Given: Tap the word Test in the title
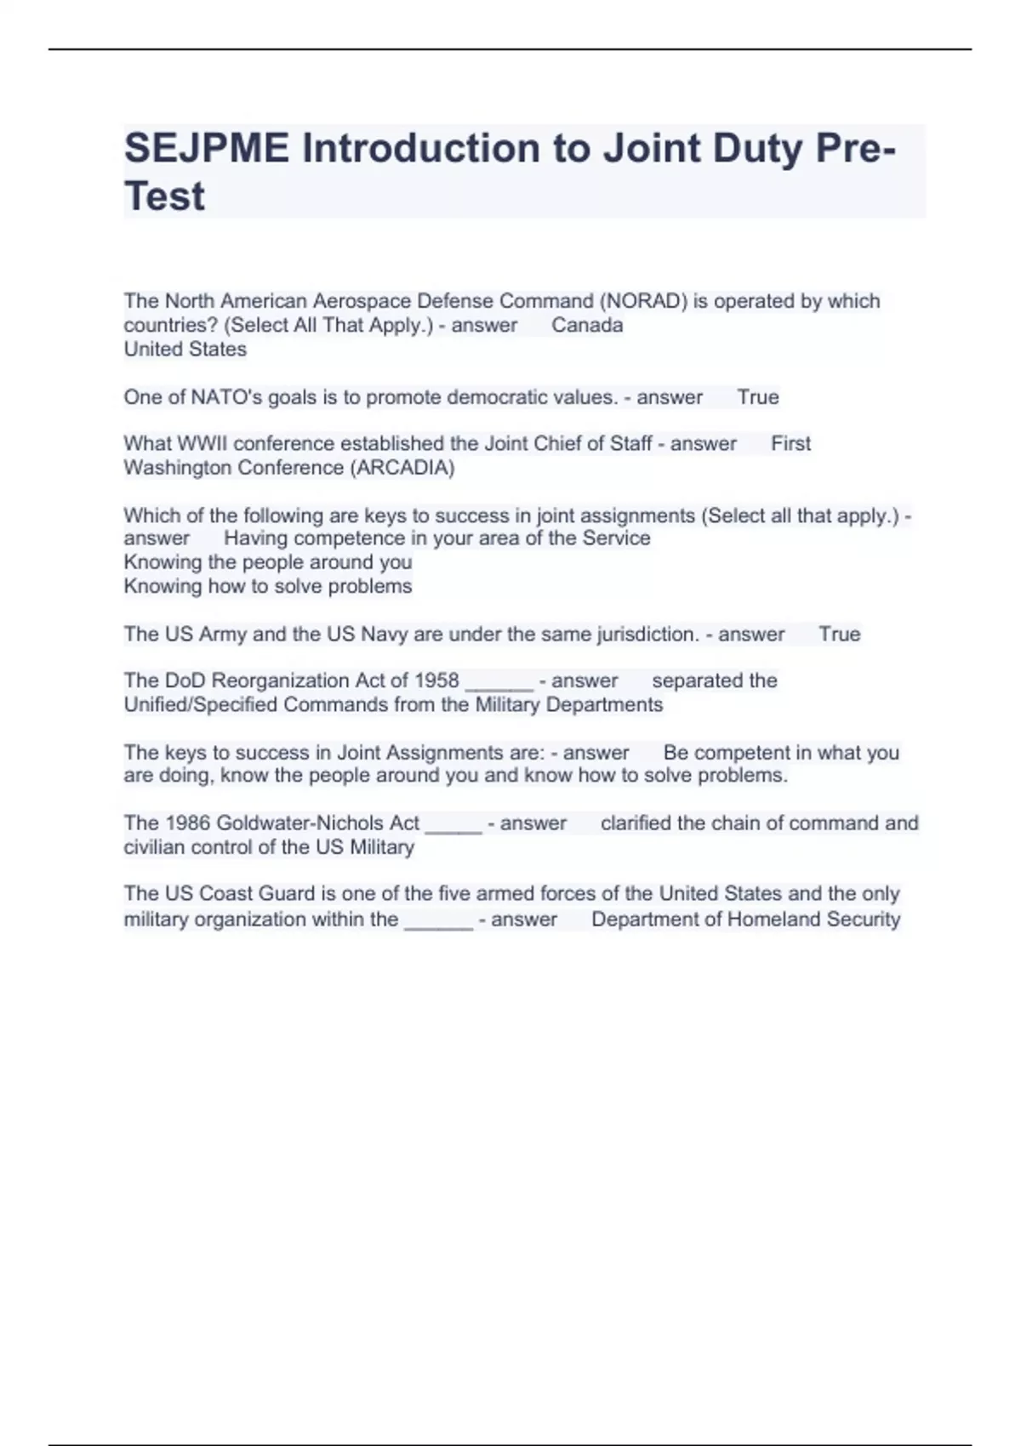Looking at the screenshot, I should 164,196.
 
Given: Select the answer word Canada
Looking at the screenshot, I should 587,325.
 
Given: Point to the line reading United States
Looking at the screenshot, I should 185,349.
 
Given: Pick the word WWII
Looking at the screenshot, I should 202,443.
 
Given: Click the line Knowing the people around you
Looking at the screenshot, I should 268,562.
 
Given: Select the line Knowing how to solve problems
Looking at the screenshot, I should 268,586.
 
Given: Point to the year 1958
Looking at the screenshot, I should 436,680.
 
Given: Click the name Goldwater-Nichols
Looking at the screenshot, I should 317,823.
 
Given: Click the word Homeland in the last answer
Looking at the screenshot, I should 769,919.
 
